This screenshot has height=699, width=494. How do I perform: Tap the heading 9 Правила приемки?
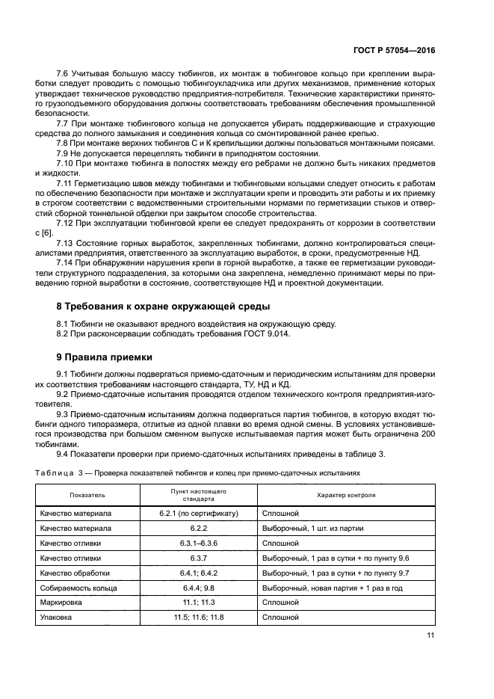pos(105,357)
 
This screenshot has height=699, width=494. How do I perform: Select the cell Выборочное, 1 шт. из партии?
pos(312,529)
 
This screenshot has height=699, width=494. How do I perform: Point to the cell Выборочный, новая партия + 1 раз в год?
pos(332,588)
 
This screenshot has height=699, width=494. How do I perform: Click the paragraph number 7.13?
pos(67,243)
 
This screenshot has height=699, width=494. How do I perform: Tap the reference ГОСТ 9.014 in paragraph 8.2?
pos(266,333)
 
